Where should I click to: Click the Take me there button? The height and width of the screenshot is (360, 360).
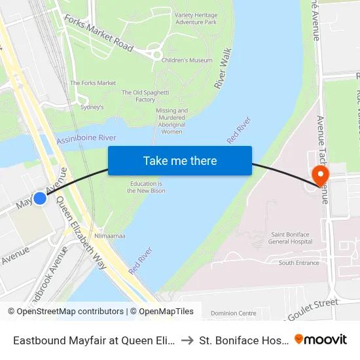pos(180,161)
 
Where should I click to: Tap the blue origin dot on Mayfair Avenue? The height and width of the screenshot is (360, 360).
pos(40,198)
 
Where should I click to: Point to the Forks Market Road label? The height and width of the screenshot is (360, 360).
pos(99,33)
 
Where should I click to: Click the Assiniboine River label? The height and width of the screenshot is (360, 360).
pos(86,138)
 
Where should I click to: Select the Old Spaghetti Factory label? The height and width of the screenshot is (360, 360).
pos(138,96)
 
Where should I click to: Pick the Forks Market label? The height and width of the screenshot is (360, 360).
pos(93,83)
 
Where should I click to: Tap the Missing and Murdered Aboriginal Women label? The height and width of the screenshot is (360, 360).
pos(171,121)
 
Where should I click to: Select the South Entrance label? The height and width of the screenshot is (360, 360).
pos(299,263)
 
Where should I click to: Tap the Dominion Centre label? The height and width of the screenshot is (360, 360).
pos(233,314)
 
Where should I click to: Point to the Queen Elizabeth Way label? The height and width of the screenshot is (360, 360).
pos(82,234)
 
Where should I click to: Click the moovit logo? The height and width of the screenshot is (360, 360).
pos(320,339)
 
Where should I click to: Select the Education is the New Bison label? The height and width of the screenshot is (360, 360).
pos(147,187)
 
